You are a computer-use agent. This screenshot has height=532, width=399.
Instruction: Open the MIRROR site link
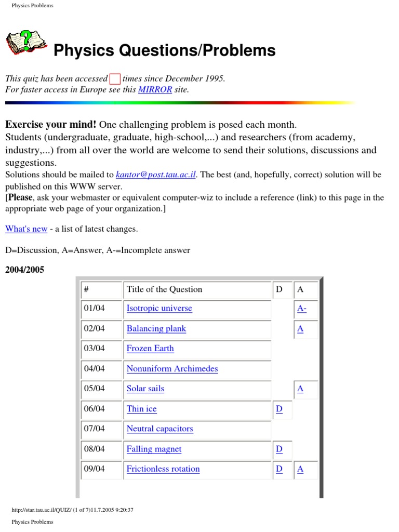[x=155, y=89]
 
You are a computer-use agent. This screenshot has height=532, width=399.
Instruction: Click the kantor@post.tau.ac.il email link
[x=155, y=175]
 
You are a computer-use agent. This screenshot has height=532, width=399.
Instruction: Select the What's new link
[x=26, y=229]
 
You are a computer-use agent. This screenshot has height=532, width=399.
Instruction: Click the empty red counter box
[x=115, y=79]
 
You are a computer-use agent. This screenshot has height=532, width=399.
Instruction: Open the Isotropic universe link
[x=159, y=308]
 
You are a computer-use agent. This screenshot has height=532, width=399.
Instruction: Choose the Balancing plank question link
[x=156, y=328]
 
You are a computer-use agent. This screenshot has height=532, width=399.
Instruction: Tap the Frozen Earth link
[x=150, y=348]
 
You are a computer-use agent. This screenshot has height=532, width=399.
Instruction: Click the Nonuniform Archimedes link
[x=172, y=368]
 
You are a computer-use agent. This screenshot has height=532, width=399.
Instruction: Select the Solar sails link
[x=145, y=388]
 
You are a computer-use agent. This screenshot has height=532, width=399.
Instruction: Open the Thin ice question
[x=141, y=409]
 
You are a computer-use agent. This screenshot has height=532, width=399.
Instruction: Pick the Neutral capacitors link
[x=159, y=429]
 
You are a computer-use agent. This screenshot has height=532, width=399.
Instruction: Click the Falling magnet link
[x=154, y=449]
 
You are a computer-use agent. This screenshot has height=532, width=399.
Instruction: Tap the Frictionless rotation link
[x=163, y=469]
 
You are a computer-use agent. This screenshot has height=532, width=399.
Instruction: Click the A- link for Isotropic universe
[x=301, y=308]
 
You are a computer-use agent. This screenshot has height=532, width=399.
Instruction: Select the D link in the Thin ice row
[x=279, y=409]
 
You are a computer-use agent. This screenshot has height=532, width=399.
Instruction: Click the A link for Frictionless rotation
[x=300, y=469]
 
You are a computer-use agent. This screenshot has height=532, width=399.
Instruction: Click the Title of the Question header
[x=164, y=289]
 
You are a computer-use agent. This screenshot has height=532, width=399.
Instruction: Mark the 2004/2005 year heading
[x=24, y=270]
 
